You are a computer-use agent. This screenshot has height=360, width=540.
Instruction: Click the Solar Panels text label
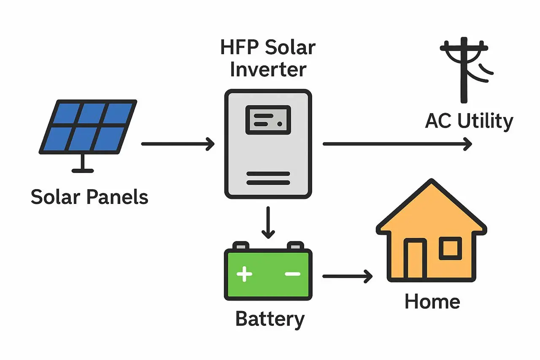[x=89, y=197]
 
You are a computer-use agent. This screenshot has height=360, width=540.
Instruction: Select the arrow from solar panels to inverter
[x=178, y=144]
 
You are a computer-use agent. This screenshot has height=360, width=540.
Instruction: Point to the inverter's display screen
[x=268, y=120]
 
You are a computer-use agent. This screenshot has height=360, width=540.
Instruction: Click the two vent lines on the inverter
[x=268, y=178]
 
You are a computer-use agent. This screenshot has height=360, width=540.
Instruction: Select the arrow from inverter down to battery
[x=268, y=222]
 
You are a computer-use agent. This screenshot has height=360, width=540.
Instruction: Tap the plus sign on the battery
[x=244, y=274]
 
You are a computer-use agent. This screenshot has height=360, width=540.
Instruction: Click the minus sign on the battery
[x=292, y=274]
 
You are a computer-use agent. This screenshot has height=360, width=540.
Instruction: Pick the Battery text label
[x=270, y=319]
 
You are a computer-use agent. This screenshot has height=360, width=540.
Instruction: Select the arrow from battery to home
[x=347, y=276]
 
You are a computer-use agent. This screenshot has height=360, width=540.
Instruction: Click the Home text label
[x=432, y=302]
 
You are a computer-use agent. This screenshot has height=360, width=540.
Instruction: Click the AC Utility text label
[x=469, y=121]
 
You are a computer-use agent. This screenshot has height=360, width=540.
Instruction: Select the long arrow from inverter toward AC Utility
[x=397, y=144]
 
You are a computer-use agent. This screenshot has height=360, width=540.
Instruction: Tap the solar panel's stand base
[x=83, y=170]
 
